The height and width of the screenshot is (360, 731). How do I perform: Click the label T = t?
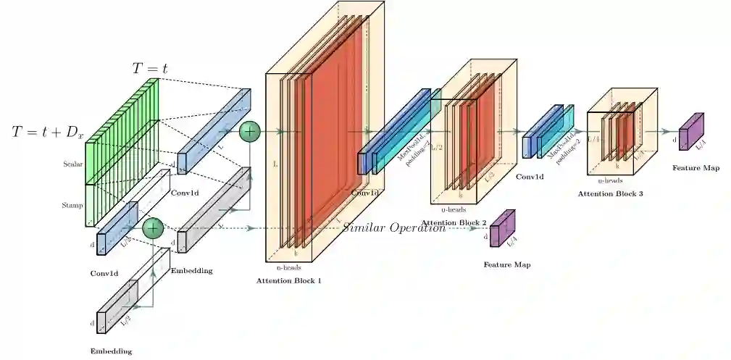coord(150,68)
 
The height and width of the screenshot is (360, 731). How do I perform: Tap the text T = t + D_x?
coord(49,132)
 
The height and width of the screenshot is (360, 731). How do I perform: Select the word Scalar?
coord(73,164)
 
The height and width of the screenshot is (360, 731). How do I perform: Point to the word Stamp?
coord(72,205)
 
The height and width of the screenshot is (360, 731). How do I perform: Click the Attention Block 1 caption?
coord(288,280)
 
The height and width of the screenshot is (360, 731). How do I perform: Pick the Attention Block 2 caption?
coord(454,222)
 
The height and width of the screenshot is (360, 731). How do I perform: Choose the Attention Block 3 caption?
coord(610,194)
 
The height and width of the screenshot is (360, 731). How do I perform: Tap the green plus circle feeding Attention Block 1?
coord(249,131)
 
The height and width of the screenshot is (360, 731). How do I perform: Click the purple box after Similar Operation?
coord(499,230)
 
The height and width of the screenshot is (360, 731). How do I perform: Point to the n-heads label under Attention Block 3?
coord(610,181)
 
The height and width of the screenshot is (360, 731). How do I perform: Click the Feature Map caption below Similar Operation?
coord(506,264)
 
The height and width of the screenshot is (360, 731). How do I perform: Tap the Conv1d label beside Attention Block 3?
coord(530,176)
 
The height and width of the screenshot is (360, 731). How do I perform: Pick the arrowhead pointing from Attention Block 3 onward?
coord(669,132)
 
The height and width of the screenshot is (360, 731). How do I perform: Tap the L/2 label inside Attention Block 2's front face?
coord(489,175)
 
